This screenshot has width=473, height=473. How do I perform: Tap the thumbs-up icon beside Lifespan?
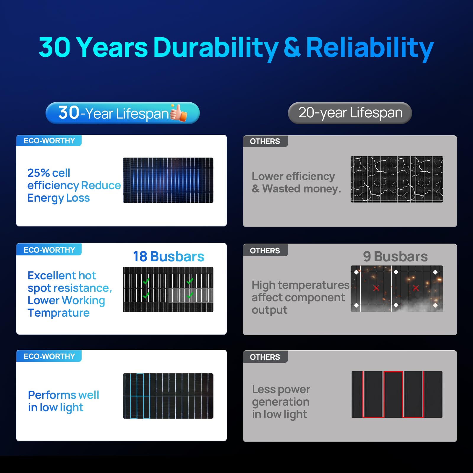pyautogui.click(x=179, y=113)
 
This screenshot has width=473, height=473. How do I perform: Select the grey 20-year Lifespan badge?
pyautogui.click(x=350, y=113)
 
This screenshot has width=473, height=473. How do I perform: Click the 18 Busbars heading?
pyautogui.click(x=169, y=256)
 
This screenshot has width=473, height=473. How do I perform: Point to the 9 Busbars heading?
pyautogui.click(x=395, y=256)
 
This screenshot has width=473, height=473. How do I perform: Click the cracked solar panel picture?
pyautogui.click(x=397, y=179)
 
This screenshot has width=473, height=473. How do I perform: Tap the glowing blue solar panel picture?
pyautogui.click(x=168, y=180)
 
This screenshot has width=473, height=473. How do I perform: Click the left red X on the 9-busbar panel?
pyautogui.click(x=376, y=288)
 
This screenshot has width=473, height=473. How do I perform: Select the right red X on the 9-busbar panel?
pyautogui.click(x=416, y=288)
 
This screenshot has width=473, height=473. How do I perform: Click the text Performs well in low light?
pyautogui.click(x=63, y=401)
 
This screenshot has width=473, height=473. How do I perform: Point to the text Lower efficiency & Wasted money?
pyautogui.click(x=296, y=182)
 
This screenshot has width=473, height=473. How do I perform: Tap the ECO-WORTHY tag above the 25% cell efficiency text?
pyautogui.click(x=49, y=141)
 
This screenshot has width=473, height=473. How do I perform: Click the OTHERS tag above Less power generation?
pyautogui.click(x=265, y=357)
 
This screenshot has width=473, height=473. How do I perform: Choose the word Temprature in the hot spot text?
pyautogui.click(x=59, y=313)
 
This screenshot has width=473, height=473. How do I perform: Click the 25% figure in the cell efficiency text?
pyautogui.click(x=38, y=173)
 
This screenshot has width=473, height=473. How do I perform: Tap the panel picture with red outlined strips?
pyautogui.click(x=397, y=394)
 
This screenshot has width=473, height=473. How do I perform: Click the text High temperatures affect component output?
pyautogui.click(x=300, y=297)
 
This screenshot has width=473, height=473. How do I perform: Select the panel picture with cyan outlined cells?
pyautogui.click(x=168, y=396)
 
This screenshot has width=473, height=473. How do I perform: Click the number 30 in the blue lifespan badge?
pyautogui.click(x=69, y=113)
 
